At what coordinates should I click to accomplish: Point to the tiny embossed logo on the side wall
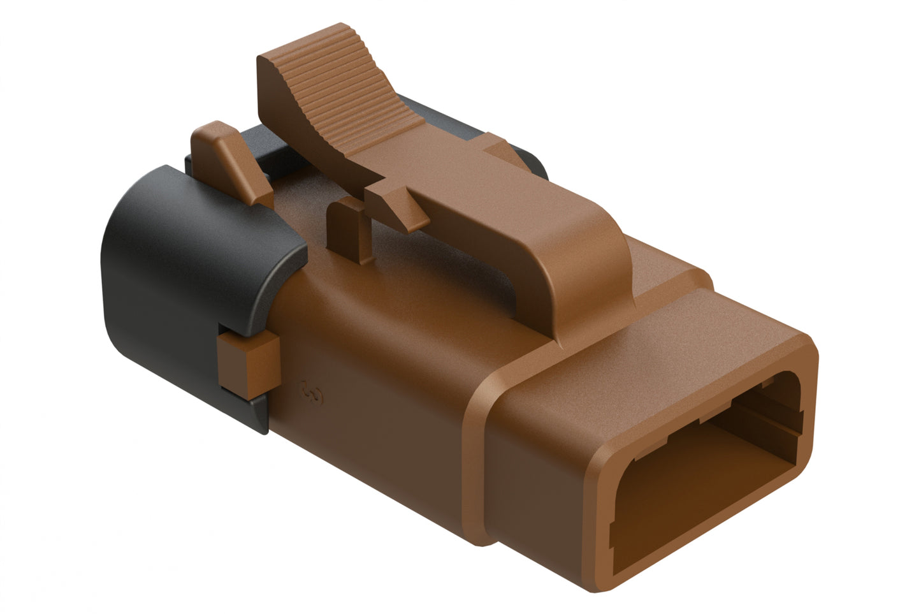coord(312,393)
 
